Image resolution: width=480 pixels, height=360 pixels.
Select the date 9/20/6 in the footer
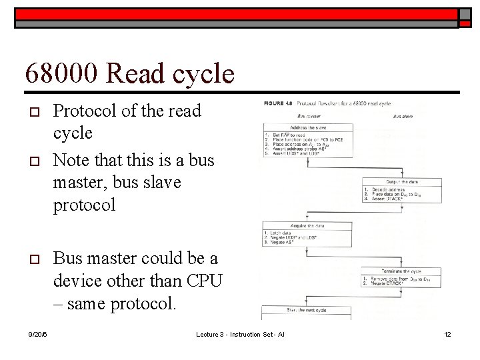click(38, 333)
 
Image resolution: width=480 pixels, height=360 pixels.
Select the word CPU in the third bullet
click(205, 281)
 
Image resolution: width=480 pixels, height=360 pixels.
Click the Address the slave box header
click(307, 127)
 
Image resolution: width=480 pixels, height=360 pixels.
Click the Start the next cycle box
click(307, 310)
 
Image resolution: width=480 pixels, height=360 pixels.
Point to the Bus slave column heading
click(402, 116)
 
